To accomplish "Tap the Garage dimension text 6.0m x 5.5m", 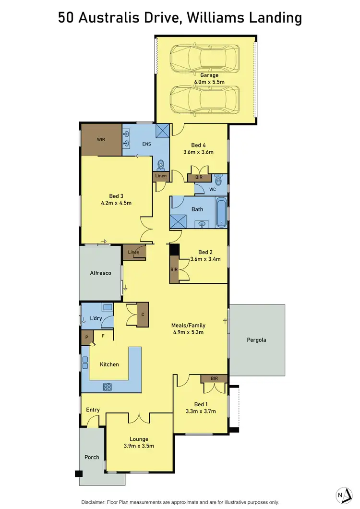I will (206, 83).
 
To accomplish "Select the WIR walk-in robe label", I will (101, 140).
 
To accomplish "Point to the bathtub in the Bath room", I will (221, 212).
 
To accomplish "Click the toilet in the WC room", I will (219, 180).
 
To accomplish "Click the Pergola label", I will (256, 340).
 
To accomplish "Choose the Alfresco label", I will (100, 273).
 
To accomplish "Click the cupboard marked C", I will (142, 315).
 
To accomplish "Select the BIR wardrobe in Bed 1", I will (214, 378).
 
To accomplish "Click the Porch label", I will (92, 457).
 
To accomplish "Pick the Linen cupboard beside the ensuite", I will (161, 176).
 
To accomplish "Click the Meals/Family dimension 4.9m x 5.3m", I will (188, 332).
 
